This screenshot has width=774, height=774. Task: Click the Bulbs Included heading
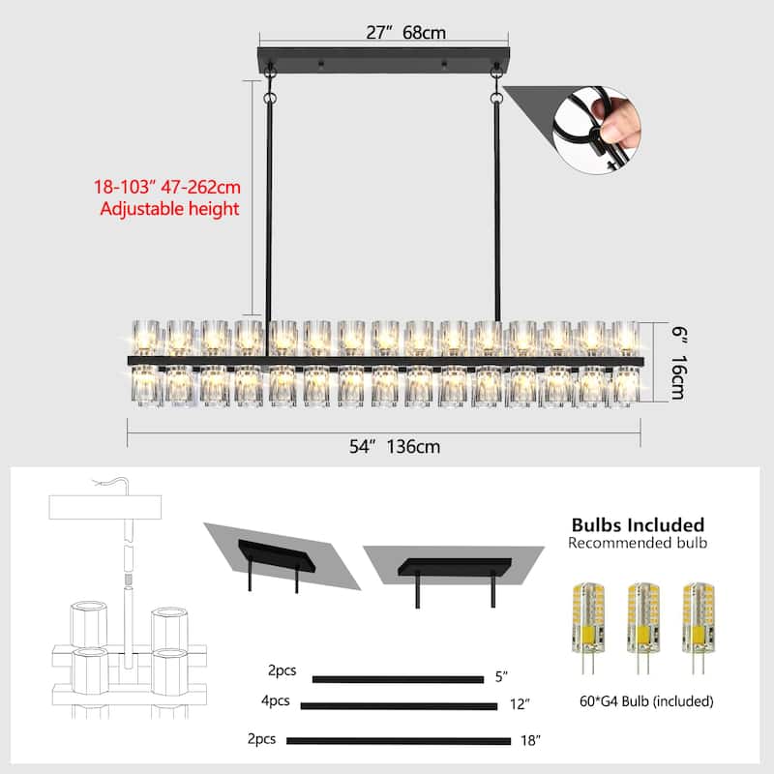coord(638,525)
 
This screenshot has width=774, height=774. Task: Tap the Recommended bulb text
coord(638,544)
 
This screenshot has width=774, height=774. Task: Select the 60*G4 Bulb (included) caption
coord(642,700)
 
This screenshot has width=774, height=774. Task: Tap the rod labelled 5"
coord(397,679)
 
